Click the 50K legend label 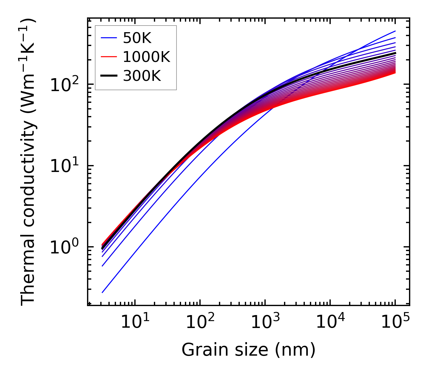[137, 38]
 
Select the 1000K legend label [146, 57]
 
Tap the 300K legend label [142, 76]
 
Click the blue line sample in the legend [108, 38]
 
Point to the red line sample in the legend [108, 57]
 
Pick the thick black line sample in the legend [108, 76]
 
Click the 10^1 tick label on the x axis [135, 322]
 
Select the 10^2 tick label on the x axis [200, 322]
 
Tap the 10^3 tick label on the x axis [265, 322]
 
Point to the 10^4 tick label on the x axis [330, 322]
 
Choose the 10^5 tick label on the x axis [395, 322]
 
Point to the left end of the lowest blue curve [102, 292]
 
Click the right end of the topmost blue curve [395, 31]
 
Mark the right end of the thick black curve [395, 53]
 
